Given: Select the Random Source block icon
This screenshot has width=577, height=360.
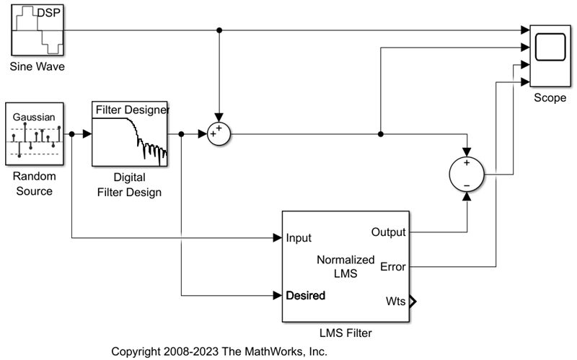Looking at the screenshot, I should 33,134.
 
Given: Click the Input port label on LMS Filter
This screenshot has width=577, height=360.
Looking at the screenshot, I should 299,237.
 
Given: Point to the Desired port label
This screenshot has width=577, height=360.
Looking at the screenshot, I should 305,295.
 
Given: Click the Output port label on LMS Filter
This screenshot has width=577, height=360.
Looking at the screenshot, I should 388,232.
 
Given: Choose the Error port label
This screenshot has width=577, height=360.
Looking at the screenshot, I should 392,266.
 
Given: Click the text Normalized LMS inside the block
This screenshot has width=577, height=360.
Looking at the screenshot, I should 346,266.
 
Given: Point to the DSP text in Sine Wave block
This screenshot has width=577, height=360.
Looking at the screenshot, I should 48,13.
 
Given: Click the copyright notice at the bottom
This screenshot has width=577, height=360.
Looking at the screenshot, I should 219,351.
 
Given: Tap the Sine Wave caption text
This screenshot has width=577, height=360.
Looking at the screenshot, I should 36,68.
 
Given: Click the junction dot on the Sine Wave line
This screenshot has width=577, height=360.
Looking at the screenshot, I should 219,30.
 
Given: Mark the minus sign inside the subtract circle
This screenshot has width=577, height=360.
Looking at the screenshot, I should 467,185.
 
